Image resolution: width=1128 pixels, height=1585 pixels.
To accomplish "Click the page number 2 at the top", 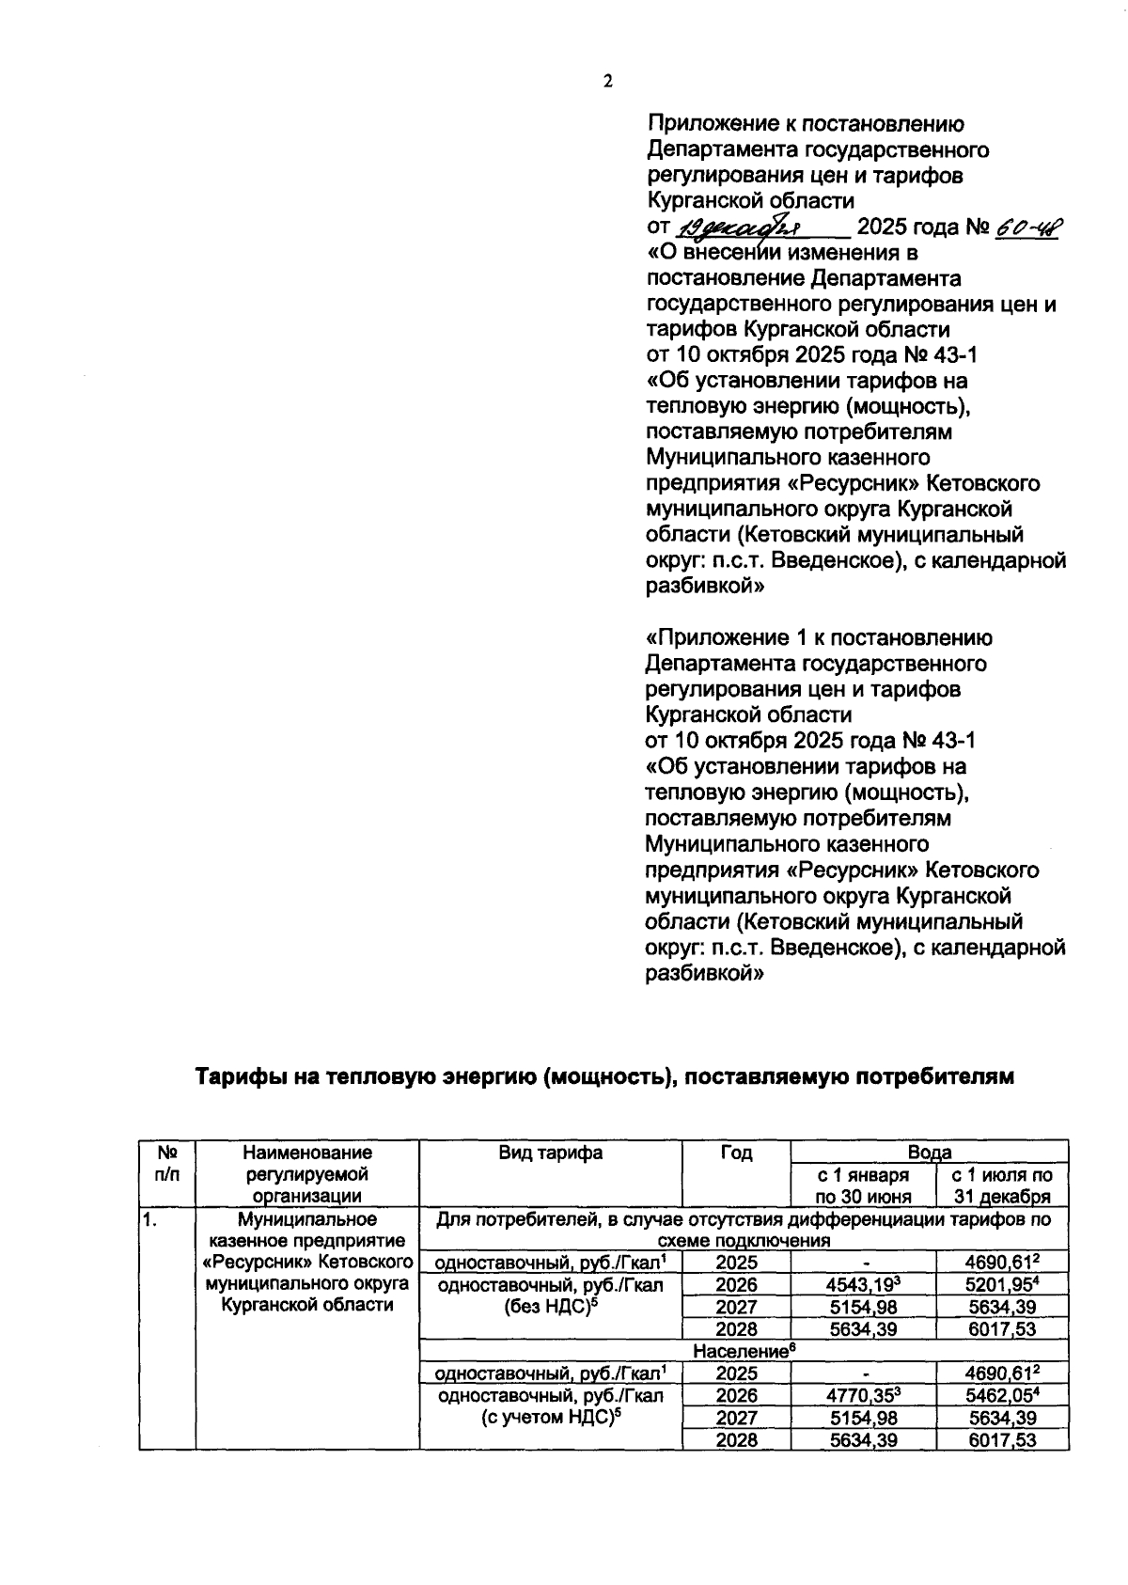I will point(607,81).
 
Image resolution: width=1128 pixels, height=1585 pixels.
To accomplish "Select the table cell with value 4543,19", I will point(863,1284).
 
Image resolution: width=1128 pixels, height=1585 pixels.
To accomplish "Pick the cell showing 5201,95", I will point(1002,1284).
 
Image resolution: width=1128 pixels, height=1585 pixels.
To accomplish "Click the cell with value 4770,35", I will point(863,1394).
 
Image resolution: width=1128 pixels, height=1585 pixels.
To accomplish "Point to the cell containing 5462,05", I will point(1002,1394).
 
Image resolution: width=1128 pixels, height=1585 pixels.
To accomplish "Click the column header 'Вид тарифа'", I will point(551,1153).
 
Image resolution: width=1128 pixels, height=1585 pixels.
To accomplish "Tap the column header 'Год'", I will point(736,1153).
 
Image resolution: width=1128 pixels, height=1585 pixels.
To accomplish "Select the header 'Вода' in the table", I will point(929,1152).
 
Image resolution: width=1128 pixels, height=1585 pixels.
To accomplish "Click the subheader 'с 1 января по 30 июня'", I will point(863,1185).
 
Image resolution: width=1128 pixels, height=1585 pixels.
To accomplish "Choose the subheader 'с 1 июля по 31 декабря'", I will point(1002,1185).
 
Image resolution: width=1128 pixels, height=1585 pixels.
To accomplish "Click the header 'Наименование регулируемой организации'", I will point(306,1173).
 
